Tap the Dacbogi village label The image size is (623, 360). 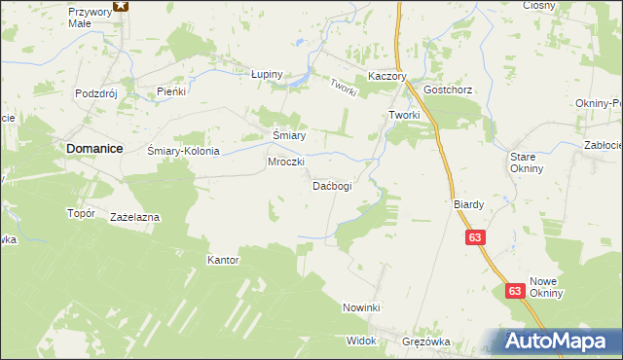(x=331, y=185)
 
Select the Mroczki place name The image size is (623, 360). (x=287, y=162)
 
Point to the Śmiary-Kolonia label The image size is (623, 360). (x=184, y=152)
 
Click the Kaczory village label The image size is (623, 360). (x=386, y=76)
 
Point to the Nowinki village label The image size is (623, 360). (x=360, y=307)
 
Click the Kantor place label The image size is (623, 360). (x=223, y=261)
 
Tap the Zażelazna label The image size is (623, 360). (x=135, y=217)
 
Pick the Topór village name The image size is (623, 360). (x=80, y=213)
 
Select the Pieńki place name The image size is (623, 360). (x=171, y=91)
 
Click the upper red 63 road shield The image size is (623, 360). (x=475, y=238)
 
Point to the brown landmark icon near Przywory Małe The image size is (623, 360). (x=120, y=5)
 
